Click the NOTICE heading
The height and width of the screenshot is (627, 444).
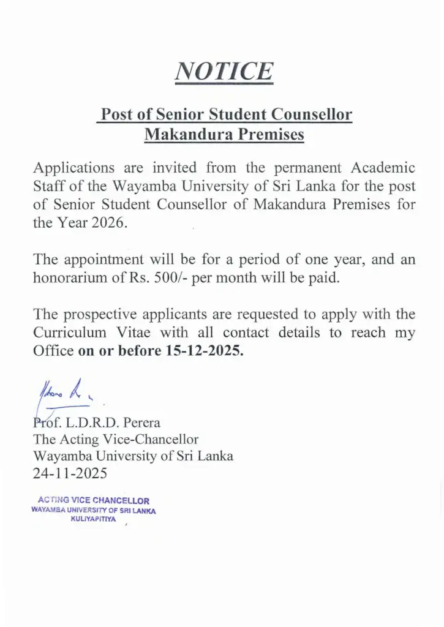coord(224,72)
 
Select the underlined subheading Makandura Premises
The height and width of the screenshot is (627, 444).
coord(224,135)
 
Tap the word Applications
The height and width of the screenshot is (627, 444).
coord(73,168)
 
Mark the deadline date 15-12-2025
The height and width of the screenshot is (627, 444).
coord(205,352)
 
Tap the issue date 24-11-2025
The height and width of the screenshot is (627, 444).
coord(70,473)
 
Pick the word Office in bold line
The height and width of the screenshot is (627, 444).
coord(53,352)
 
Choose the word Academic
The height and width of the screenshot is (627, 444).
coord(383,168)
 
